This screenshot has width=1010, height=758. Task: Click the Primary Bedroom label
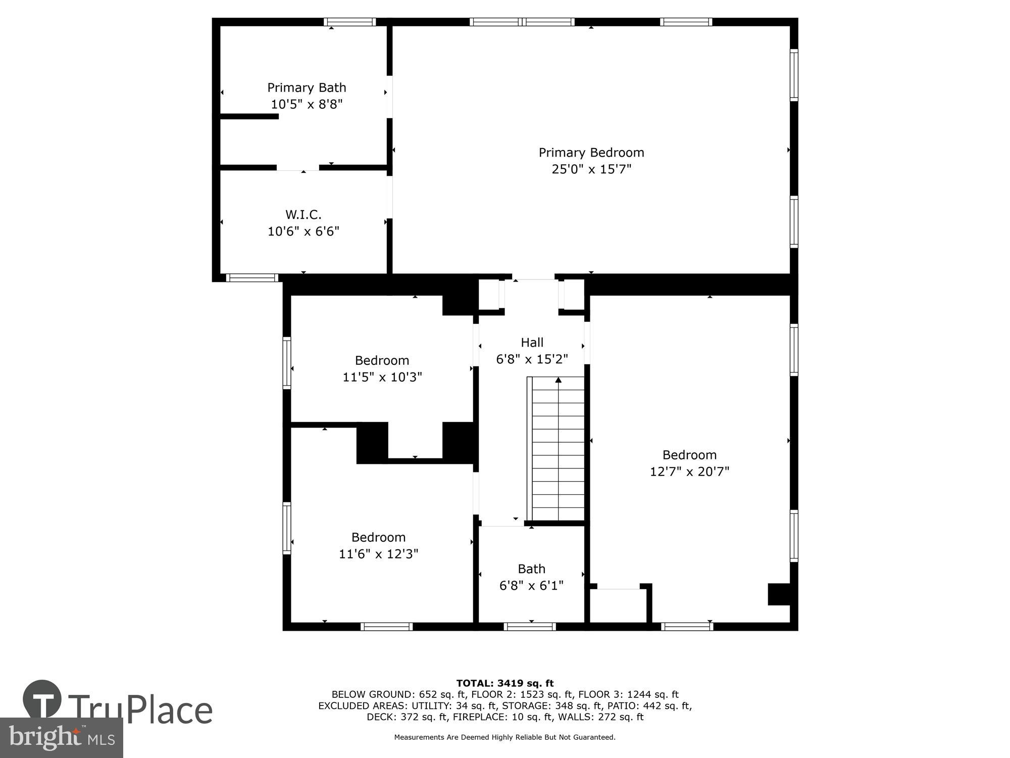pyautogui.click(x=591, y=153)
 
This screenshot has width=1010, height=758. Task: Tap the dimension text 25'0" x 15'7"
pyautogui.click(x=591, y=169)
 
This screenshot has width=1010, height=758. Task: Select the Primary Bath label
pyautogui.click(x=307, y=88)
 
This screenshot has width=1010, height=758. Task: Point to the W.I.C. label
pyautogui.click(x=303, y=215)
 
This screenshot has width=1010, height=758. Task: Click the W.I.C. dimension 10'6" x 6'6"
pyautogui.click(x=303, y=231)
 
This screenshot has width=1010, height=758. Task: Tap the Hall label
pyautogui.click(x=532, y=343)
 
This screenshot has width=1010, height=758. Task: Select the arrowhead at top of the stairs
pyautogui.click(x=558, y=380)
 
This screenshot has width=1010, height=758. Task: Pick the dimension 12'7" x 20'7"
pyautogui.click(x=689, y=471)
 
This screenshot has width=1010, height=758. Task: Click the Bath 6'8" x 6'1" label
pyautogui.click(x=531, y=577)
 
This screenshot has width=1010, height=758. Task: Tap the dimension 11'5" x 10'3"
pyautogui.click(x=382, y=377)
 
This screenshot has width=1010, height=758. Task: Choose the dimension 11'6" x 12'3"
pyautogui.click(x=378, y=554)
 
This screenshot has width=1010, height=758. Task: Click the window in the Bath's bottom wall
pyautogui.click(x=530, y=627)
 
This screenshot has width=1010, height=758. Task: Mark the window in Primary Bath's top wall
pyautogui.click(x=349, y=22)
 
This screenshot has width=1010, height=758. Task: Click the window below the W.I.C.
pyautogui.click(x=251, y=277)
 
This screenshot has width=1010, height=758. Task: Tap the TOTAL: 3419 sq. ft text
pyautogui.click(x=504, y=684)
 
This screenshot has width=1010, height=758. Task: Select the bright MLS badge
pyautogui.click(x=61, y=738)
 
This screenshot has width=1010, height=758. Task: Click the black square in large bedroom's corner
pyautogui.click(x=779, y=594)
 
